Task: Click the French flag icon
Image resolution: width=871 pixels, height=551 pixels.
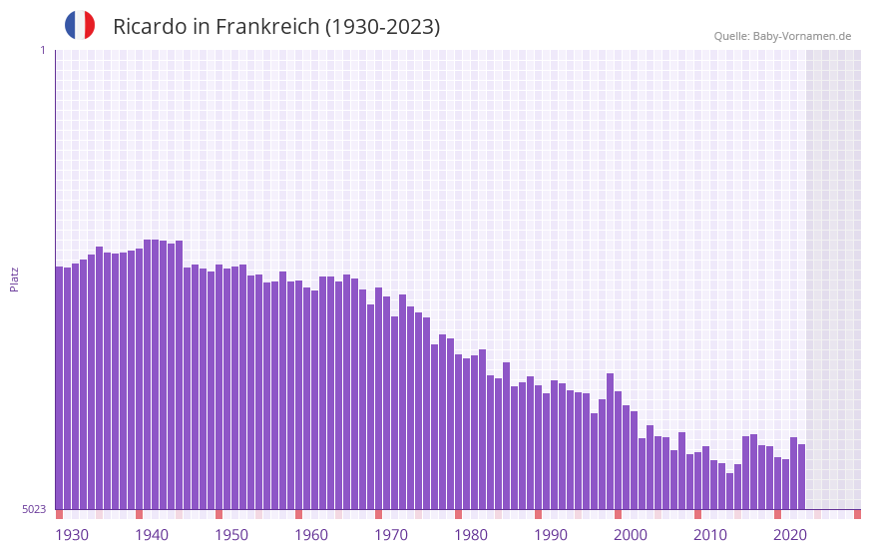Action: (80, 26)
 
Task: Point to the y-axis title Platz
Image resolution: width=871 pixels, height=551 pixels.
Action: (14, 278)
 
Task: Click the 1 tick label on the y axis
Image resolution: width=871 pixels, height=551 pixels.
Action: (42, 50)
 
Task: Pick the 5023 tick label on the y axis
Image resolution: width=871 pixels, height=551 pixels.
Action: (34, 509)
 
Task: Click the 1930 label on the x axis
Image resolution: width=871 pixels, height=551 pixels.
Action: (72, 535)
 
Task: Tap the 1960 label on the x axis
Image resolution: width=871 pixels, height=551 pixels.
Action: (311, 535)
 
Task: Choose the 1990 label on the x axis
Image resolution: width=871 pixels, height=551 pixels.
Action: (551, 535)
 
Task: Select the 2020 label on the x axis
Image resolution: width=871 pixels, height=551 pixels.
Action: (790, 535)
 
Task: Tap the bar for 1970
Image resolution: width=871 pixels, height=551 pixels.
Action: (378, 398)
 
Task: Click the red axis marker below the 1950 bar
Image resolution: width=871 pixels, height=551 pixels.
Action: (218, 514)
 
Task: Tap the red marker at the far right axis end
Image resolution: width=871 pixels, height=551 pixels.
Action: (857, 514)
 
